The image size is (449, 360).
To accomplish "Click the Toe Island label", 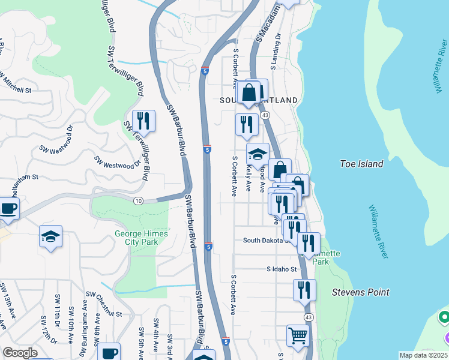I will [x=361, y=163].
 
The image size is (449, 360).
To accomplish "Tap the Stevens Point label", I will [x=361, y=293].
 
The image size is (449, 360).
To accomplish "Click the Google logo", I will [x=20, y=353].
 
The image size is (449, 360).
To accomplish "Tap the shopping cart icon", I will [x=297, y=335].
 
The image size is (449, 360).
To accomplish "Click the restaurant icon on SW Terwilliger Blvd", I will [x=143, y=120].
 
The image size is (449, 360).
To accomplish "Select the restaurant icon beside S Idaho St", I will [x=304, y=290].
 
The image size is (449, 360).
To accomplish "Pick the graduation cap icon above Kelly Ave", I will [x=258, y=154].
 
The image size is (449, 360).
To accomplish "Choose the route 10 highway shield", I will [x=139, y=200].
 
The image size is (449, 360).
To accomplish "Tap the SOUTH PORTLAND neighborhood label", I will [x=259, y=100].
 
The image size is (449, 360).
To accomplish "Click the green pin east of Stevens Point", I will [x=444, y=316].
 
